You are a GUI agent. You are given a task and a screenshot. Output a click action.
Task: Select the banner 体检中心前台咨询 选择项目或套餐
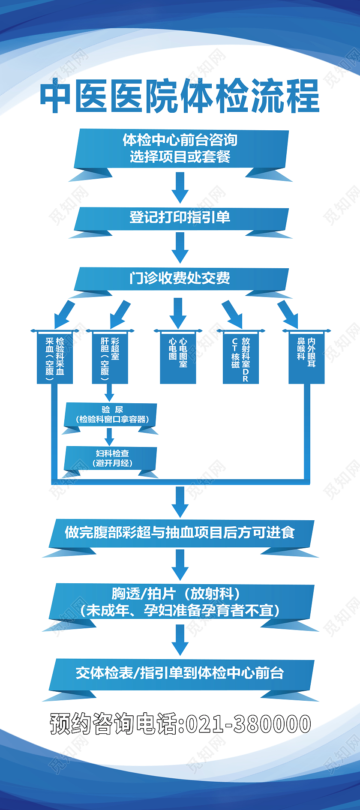tap(180, 148)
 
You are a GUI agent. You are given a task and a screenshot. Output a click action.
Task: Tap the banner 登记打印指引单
tap(180, 218)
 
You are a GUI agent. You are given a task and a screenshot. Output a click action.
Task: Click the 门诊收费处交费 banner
tap(180, 278)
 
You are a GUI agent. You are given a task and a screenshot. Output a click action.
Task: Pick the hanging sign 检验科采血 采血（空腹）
tap(55, 357)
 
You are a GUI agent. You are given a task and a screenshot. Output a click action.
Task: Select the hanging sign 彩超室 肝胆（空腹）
tap(110, 357)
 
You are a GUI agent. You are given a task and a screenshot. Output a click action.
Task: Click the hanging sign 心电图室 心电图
tap(178, 357)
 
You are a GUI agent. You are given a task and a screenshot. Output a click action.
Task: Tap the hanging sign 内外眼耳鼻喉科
tap(306, 357)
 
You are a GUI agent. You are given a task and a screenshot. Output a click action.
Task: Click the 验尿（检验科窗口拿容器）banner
tap(111, 415)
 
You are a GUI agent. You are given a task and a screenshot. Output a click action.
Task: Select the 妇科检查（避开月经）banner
tap(111, 458)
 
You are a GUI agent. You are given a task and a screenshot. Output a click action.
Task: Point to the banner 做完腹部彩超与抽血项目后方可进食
tap(180, 533)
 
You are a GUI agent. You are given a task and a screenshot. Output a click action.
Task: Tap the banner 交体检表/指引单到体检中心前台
tap(180, 673)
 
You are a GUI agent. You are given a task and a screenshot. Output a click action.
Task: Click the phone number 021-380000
tap(248, 724)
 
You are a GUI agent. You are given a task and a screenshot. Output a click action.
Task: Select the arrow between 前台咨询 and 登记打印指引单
tap(180, 187)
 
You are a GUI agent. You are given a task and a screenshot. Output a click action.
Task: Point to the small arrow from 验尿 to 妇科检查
tap(110, 437)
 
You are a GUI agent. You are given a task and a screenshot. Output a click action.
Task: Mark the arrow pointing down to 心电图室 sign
tap(178, 313)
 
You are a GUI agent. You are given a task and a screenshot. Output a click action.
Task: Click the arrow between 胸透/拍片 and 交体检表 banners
tap(180, 639)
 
